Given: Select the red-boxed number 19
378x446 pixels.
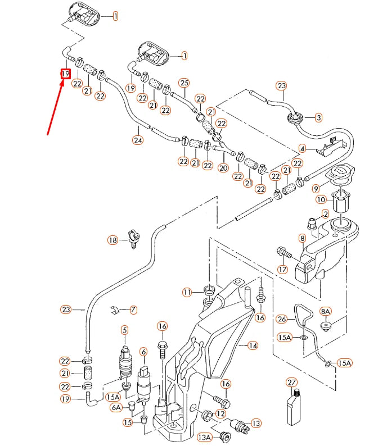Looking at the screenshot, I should tap(66, 74).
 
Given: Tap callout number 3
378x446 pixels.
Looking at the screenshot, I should tap(318, 117).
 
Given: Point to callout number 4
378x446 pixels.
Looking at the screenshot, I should tap(302, 149).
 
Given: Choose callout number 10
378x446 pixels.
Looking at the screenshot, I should tap(320, 199).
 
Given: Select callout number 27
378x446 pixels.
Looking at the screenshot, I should tap(291, 382).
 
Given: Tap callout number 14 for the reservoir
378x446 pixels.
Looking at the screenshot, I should tap(253, 345).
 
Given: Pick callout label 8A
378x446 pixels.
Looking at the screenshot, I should tap(325, 311).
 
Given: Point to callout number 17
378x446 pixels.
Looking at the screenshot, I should tap(282, 269).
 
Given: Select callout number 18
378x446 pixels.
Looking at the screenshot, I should tap(113, 240).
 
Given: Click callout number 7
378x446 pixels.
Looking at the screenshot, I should tap(133, 310).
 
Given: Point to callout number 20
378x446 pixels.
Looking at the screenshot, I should tap(223, 168).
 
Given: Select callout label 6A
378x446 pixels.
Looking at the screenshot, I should tap(115, 407).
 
